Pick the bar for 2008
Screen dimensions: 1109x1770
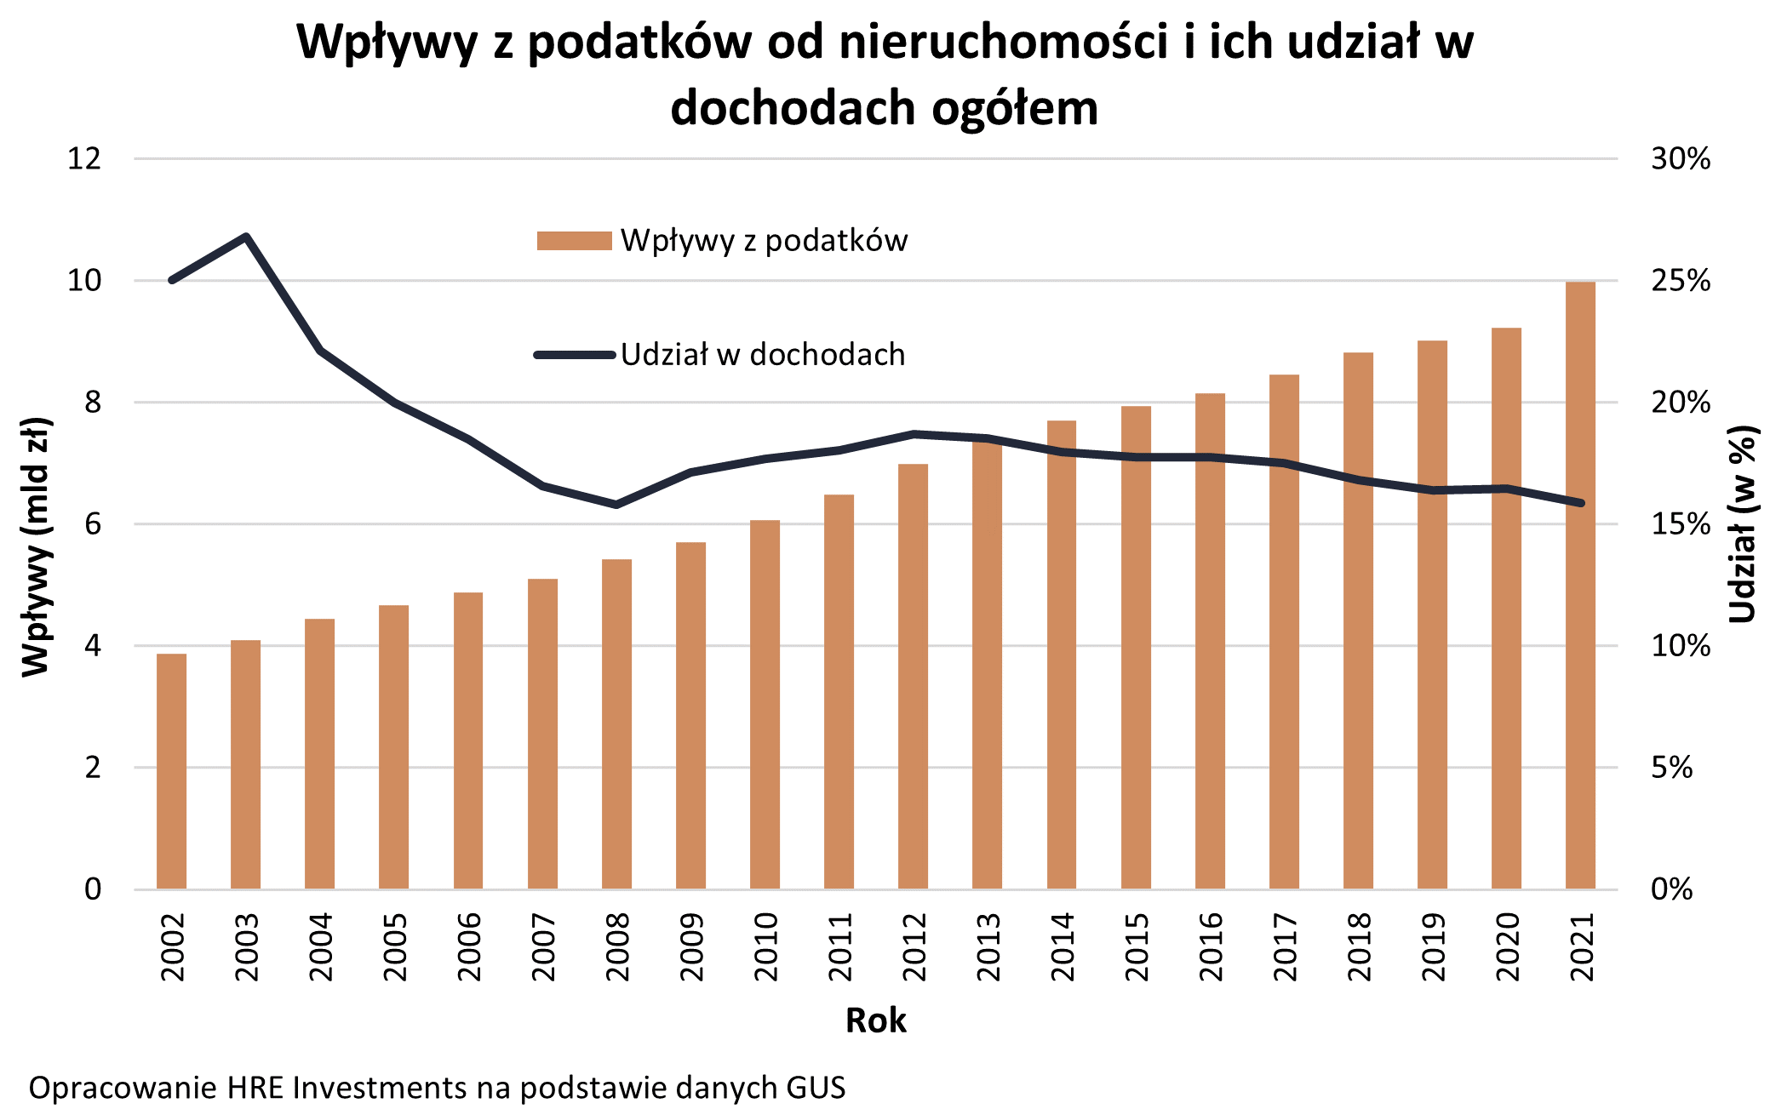coord(616,723)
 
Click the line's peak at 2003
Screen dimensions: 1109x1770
coord(245,237)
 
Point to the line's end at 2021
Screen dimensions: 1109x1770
coord(1581,503)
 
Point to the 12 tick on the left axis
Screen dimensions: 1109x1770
coord(84,158)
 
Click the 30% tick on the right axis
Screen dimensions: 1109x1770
coord(1681,159)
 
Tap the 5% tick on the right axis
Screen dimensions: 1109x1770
coord(1672,768)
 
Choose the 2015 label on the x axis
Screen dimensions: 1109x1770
coord(1136,946)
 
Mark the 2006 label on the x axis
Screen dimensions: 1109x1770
coord(468,946)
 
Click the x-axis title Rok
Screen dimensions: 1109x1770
coord(875,1020)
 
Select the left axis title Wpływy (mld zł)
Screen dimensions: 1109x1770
coord(36,547)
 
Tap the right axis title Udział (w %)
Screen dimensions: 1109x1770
coord(1742,524)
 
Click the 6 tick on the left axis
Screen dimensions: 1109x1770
coord(92,524)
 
